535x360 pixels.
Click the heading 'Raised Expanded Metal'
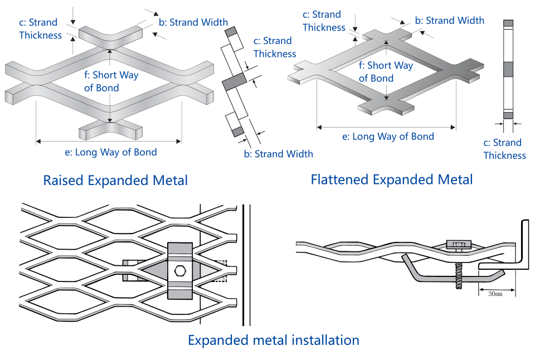click(x=115, y=181)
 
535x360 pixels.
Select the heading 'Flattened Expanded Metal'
click(x=392, y=179)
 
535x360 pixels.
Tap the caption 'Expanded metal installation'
click(x=273, y=340)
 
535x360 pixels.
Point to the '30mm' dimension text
click(x=495, y=293)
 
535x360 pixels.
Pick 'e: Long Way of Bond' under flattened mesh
click(x=388, y=137)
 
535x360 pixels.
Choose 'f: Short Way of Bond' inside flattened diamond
click(x=386, y=72)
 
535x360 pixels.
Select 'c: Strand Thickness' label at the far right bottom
click(x=505, y=149)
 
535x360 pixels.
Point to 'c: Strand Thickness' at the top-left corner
click(x=40, y=29)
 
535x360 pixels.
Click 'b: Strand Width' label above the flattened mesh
click(x=449, y=21)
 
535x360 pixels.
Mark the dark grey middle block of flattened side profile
click(x=508, y=69)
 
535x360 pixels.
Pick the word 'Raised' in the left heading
click(x=62, y=181)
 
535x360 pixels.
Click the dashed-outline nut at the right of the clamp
click(x=221, y=270)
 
